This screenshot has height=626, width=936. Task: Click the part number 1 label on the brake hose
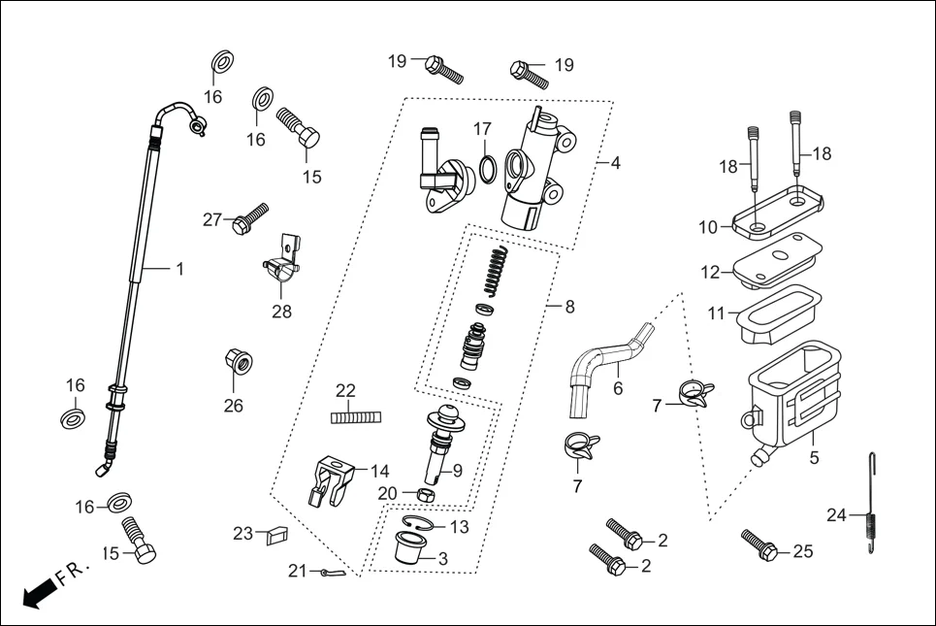178,269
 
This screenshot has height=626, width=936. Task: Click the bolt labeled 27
249,217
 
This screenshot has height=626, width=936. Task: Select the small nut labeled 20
409,494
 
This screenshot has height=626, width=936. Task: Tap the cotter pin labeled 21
329,574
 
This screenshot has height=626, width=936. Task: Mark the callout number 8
568,307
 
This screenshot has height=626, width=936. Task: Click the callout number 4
615,162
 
